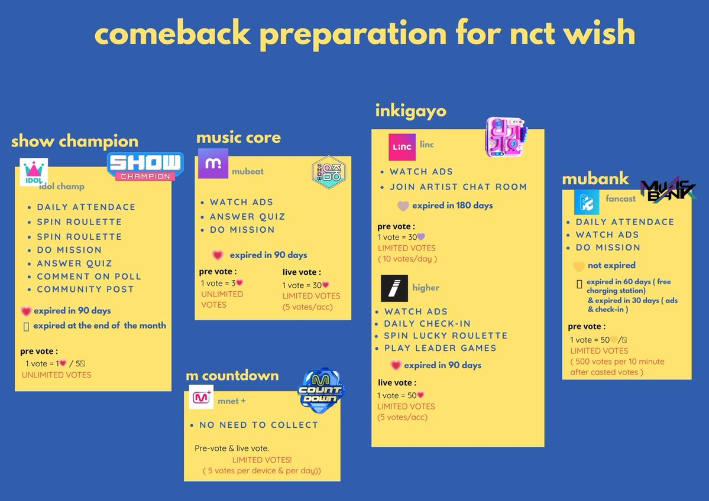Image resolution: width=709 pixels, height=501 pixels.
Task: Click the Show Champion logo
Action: pyautogui.click(x=145, y=167)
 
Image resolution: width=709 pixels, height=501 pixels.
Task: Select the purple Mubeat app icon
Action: pyautogui.click(x=213, y=164)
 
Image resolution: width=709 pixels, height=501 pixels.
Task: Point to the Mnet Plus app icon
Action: pyautogui.click(x=201, y=396)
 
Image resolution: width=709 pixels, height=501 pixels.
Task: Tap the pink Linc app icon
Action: pyautogui.click(x=402, y=147)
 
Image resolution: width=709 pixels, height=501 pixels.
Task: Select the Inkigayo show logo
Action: pyautogui.click(x=504, y=137)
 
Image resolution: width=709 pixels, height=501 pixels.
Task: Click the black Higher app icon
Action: pyautogui.click(x=394, y=288)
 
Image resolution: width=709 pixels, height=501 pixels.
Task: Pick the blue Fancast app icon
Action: pyautogui.click(x=587, y=202)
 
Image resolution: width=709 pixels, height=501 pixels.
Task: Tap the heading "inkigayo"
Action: pyautogui.click(x=410, y=110)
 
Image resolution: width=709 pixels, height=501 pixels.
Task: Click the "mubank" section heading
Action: pyautogui.click(x=595, y=179)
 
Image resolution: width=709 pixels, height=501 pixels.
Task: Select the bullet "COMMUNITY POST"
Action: pyautogui.click(x=85, y=289)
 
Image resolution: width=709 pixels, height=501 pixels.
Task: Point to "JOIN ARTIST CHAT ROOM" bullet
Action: pyautogui.click(x=458, y=187)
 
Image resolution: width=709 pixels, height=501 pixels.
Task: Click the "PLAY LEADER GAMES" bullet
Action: pyautogui.click(x=440, y=348)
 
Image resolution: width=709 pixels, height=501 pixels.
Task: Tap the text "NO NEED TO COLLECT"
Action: pyautogui.click(x=258, y=425)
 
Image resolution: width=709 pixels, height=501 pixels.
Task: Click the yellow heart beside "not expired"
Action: pyautogui.click(x=579, y=266)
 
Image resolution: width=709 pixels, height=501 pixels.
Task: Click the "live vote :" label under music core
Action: pyautogui.click(x=302, y=272)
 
